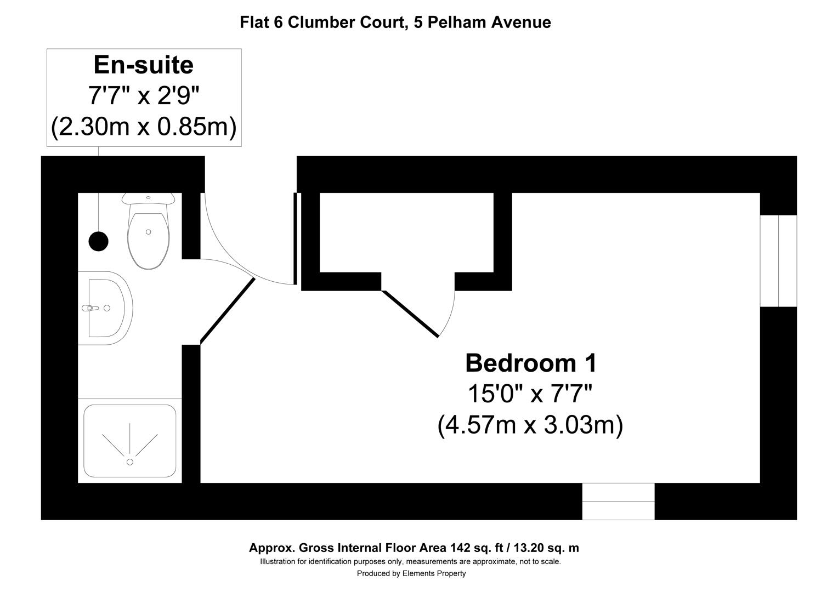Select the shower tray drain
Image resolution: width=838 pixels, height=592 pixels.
[x=130, y=462]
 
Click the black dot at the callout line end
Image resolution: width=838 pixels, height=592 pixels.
[x=99, y=241]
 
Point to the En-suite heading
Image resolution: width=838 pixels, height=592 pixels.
[x=144, y=65]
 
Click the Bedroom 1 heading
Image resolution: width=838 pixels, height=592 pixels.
[x=530, y=363]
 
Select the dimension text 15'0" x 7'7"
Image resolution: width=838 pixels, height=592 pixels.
[x=530, y=394]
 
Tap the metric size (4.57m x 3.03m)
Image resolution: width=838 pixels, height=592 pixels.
[x=530, y=425]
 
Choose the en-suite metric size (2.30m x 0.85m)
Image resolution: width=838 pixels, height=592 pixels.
[x=144, y=127]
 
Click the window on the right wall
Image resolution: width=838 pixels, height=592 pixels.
[x=778, y=261]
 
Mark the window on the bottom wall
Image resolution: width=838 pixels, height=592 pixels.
[x=618, y=502]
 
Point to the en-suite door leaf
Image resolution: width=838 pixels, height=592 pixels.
[x=228, y=310]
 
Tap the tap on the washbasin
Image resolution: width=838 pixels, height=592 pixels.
[x=91, y=308]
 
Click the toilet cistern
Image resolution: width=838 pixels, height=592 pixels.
[x=148, y=197]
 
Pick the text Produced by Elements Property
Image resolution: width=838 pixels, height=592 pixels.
[x=411, y=573]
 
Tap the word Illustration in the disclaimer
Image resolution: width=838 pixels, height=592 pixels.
[x=278, y=561]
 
